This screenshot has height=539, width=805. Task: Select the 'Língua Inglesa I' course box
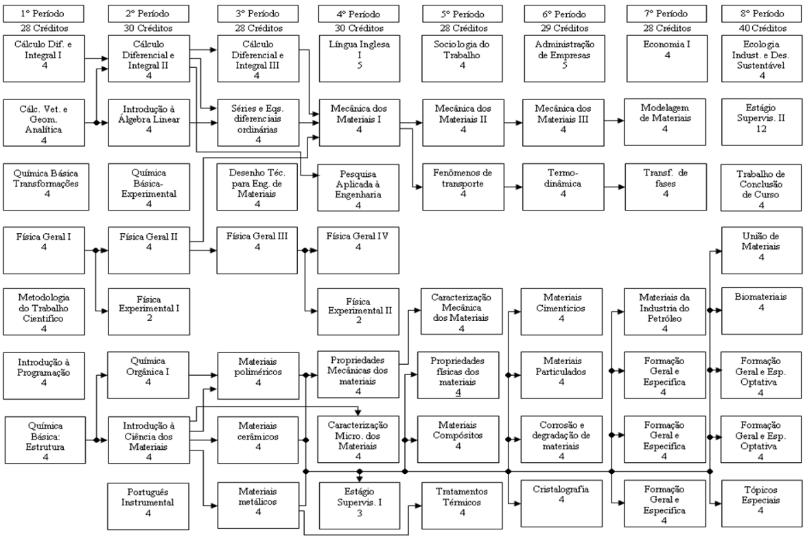[x=360, y=58]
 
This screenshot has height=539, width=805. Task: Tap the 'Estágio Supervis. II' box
[x=761, y=122]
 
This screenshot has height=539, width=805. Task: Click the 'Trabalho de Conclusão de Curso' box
[x=761, y=188]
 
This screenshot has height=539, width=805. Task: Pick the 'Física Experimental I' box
[x=149, y=311]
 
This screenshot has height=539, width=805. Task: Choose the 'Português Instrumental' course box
[x=148, y=505]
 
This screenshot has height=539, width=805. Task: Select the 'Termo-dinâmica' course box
[x=563, y=187]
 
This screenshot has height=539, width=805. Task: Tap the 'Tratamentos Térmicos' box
[x=462, y=505]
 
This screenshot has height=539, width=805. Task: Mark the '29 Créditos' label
[x=564, y=28]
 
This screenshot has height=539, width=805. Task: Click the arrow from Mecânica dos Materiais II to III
[x=513, y=123]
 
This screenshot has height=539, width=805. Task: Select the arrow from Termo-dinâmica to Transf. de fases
[x=615, y=187]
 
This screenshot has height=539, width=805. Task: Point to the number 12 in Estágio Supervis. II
[x=761, y=129]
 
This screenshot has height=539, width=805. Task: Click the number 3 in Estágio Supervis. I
[x=360, y=513]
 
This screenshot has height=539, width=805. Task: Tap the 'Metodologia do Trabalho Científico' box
[x=44, y=311]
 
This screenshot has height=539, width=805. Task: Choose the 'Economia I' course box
[x=666, y=58]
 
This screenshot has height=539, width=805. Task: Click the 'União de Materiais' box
[x=761, y=250]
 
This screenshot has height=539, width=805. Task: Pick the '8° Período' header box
[x=761, y=14]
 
